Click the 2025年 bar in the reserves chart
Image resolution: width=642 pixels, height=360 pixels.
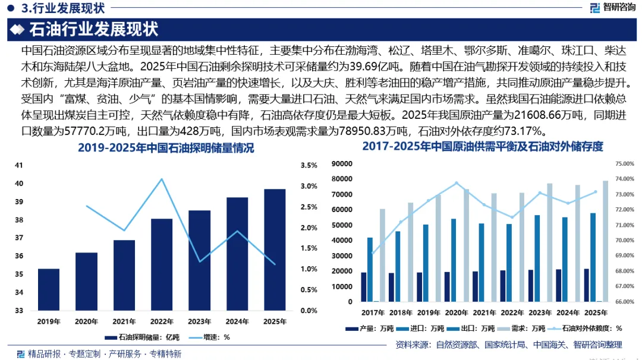pos(275,250)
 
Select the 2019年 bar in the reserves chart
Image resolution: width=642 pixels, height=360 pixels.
pos(49,290)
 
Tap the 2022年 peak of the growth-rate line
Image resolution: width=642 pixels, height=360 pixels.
pos(162,179)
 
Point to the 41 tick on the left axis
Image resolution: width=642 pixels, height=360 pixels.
pos(19,165)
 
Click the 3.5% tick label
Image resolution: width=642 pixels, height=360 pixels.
pos(309,165)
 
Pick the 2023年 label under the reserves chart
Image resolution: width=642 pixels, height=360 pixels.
pos(199,321)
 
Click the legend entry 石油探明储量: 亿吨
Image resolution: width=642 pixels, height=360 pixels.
pos(142,337)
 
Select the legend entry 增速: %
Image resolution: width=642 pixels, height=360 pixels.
pos(209,337)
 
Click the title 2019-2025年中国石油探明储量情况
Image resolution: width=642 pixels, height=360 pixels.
pos(166,148)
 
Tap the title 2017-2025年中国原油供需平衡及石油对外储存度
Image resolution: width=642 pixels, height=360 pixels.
pos(482,147)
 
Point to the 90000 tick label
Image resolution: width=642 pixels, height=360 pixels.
pos(341,163)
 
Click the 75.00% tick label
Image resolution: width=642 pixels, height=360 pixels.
pos(625,163)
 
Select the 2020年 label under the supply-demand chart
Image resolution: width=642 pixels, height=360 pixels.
pos(457,312)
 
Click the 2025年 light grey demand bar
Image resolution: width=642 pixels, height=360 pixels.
pos(605,241)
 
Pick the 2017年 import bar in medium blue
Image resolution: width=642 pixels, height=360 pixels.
pos(370,270)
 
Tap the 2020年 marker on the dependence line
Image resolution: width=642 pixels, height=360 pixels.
pos(457,183)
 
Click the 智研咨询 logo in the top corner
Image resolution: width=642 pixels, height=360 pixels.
pos(612,7)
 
